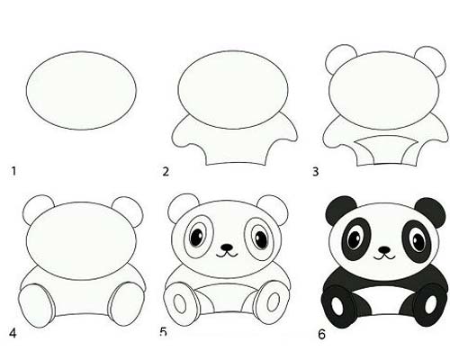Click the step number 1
click(x=13, y=171)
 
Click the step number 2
click(x=166, y=172)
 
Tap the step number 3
click(x=315, y=172)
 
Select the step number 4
click(x=13, y=333)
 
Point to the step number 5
click(x=163, y=332)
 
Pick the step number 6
click(x=321, y=334)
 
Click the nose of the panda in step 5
click(x=227, y=247)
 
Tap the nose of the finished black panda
click(x=384, y=249)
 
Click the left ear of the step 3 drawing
click(x=340, y=59)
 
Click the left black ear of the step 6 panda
click(x=339, y=210)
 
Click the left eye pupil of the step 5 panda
click(x=197, y=237)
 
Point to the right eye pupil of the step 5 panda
click(x=261, y=238)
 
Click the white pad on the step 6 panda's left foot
click(x=337, y=306)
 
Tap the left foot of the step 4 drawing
click(x=37, y=305)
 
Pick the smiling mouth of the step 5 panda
click(x=227, y=255)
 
